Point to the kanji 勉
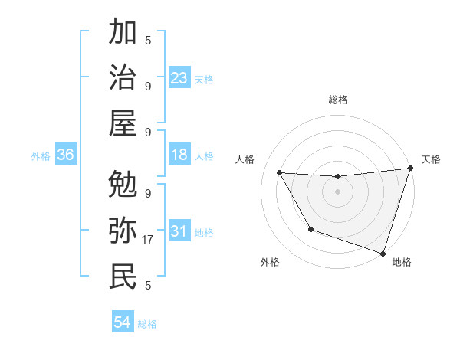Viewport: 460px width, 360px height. point(123,185)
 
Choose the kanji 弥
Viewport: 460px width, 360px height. point(123,231)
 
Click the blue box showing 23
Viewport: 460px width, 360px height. point(179,77)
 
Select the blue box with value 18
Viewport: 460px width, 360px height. point(179,155)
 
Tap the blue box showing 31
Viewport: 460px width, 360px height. point(179,231)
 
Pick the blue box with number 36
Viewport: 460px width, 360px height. point(65,155)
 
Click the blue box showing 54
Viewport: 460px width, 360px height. point(123,322)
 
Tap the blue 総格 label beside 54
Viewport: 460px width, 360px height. point(147,324)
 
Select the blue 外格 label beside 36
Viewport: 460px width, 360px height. point(41,156)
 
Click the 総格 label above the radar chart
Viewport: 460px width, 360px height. point(337,100)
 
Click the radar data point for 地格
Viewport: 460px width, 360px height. point(383,253)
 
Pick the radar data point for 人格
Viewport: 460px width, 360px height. point(279,173)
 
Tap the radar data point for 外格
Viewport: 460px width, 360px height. point(310,229)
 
